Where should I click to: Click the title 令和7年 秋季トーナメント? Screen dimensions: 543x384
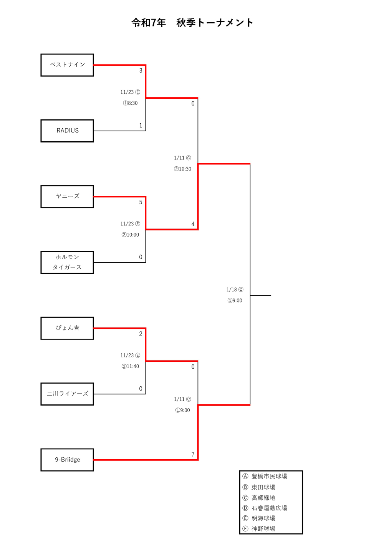(192, 23)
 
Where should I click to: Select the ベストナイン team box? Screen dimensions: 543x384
(67, 65)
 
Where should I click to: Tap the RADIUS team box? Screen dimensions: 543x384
(67, 131)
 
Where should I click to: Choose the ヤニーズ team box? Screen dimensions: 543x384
(67, 197)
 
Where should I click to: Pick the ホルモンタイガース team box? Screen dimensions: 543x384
(67, 262)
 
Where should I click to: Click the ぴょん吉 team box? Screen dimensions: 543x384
(67, 328)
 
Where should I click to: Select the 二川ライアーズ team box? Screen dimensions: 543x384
(67, 394)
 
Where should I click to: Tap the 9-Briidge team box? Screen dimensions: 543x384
(67, 460)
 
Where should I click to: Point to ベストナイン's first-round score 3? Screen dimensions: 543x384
(141, 71)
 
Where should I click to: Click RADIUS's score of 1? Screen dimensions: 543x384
(141, 125)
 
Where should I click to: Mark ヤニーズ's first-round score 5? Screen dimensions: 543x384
(141, 202)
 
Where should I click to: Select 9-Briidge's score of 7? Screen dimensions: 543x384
(193, 454)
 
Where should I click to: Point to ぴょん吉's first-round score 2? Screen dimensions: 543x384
(141, 334)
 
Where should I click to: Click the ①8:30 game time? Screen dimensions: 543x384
(130, 103)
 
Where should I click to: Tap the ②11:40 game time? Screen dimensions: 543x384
(130, 366)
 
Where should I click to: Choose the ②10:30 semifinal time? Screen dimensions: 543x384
(182, 169)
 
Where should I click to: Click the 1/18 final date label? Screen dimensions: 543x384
(235, 290)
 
